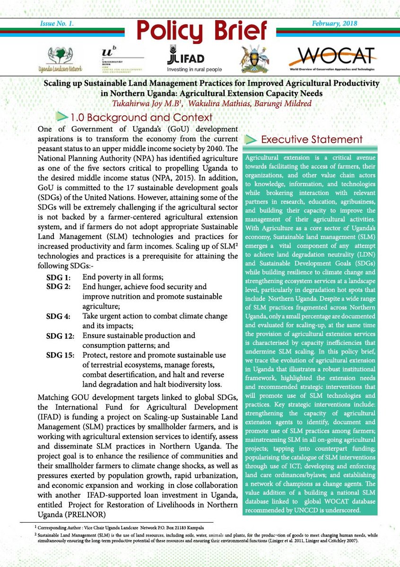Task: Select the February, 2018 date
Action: pos(334,23)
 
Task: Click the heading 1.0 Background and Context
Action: pos(141,118)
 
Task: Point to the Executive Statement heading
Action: pos(312,139)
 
